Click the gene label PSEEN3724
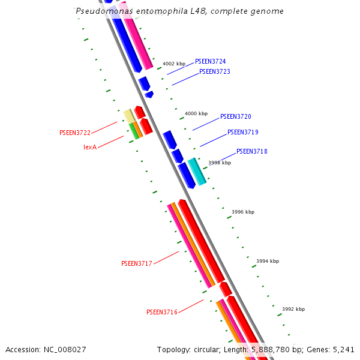pyautogui.click(x=210, y=61)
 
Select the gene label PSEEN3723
pyautogui.click(x=214, y=71)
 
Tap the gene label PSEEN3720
pyautogui.click(x=235, y=116)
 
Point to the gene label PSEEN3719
pyautogui.click(x=242, y=132)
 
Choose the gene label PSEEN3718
pyautogui.click(x=251, y=151)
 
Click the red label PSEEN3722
pyautogui.click(x=75, y=133)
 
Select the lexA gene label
pyautogui.click(x=90, y=147)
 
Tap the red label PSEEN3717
pyautogui.click(x=137, y=263)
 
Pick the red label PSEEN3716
pyautogui.click(x=162, y=312)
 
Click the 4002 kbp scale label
pyautogui.click(x=174, y=64)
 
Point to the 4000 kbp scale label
pyautogui.click(x=196, y=113)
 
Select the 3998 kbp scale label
pyautogui.click(x=220, y=163)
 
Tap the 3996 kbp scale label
pyautogui.click(x=243, y=212)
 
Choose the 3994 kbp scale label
pyautogui.click(x=268, y=261)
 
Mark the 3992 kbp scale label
pyautogui.click(x=293, y=309)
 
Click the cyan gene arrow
pyautogui.click(x=197, y=172)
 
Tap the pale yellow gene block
pyautogui.click(x=128, y=116)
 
